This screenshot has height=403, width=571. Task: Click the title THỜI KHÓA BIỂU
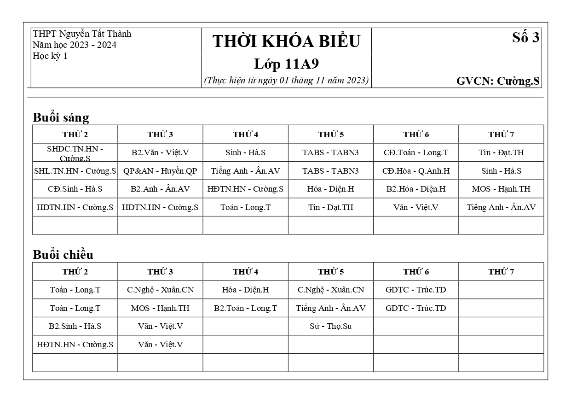(x=286, y=41)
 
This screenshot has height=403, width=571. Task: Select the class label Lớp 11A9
(x=286, y=64)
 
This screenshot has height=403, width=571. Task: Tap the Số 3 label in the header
(x=525, y=38)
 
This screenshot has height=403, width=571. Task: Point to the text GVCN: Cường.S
(x=497, y=82)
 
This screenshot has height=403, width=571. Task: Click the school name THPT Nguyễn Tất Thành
(x=82, y=34)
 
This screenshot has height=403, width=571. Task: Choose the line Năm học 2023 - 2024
(x=74, y=45)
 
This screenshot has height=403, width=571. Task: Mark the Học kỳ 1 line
(x=50, y=56)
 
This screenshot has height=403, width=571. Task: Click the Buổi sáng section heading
(x=61, y=117)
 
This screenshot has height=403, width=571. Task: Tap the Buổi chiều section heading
(x=63, y=255)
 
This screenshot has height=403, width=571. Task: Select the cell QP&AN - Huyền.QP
(x=160, y=171)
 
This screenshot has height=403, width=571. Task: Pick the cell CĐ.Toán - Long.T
(x=415, y=152)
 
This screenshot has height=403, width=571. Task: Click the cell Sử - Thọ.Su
(x=330, y=326)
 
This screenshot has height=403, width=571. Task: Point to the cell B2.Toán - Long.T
(x=245, y=308)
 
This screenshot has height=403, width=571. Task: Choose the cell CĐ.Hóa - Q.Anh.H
(x=415, y=171)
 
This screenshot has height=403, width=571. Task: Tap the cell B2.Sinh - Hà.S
(x=75, y=326)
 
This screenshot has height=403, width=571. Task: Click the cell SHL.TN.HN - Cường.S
(x=75, y=171)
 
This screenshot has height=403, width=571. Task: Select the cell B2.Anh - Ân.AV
(x=160, y=189)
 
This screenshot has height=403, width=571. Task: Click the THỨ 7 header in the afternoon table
(x=501, y=272)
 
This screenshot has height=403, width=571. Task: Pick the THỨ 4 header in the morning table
(x=245, y=134)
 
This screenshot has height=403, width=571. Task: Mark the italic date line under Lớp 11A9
(x=286, y=80)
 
